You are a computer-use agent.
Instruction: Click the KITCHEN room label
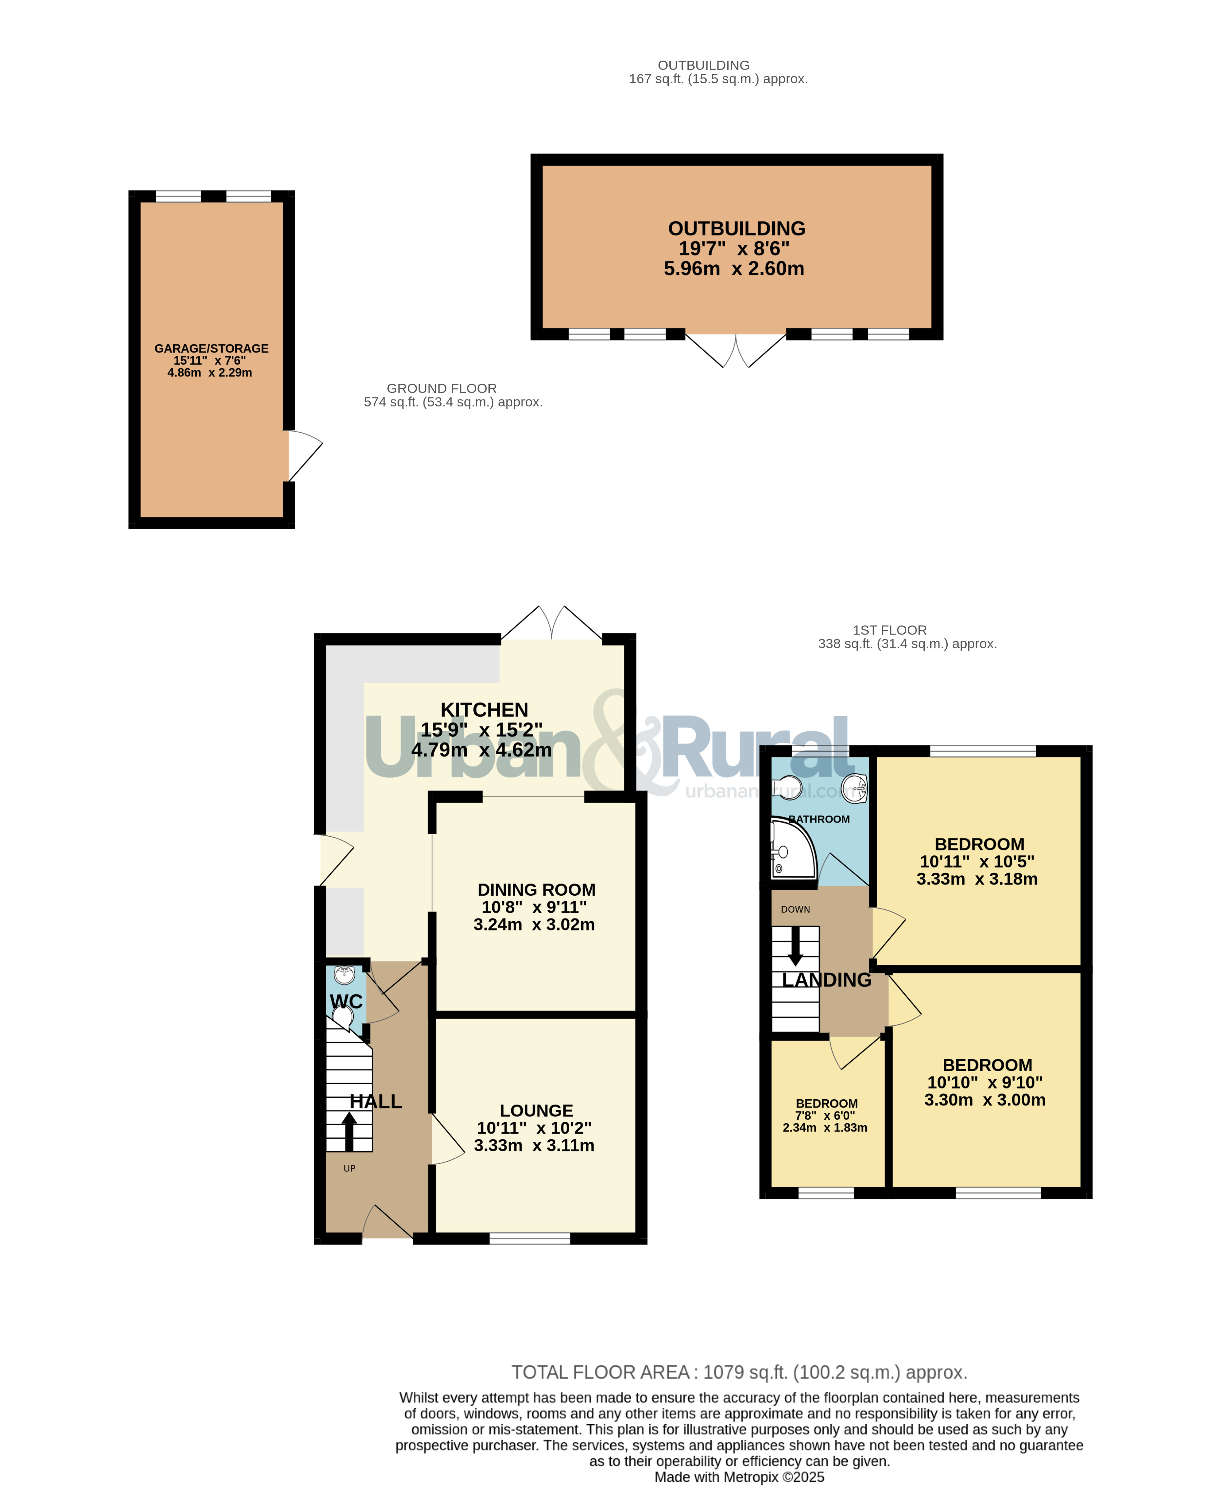tap(484, 710)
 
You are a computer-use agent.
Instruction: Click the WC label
tap(346, 1001)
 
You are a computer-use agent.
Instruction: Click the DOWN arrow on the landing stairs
tap(796, 947)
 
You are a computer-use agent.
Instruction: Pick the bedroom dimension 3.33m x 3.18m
tap(977, 879)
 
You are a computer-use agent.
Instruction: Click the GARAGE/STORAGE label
tap(211, 348)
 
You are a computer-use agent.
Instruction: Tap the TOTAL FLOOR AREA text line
tap(739, 1372)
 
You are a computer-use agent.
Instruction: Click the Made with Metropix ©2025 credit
tap(739, 1477)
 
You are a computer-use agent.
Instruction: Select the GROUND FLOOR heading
tap(442, 388)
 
